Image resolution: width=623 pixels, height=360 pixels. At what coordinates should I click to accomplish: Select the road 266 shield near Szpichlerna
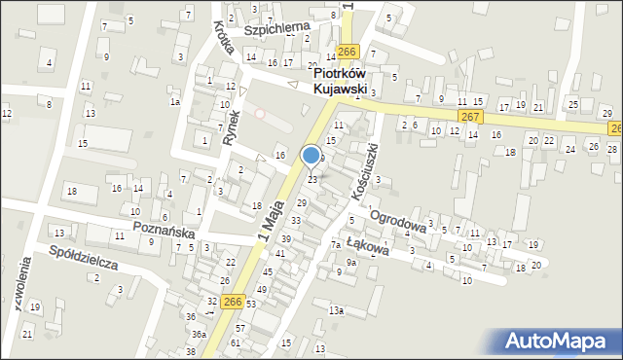(347, 52)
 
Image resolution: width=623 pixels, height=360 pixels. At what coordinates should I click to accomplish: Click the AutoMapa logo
(559, 340)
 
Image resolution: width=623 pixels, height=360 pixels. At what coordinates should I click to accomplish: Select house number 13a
(336, 310)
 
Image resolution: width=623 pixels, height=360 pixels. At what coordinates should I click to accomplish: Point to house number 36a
(199, 334)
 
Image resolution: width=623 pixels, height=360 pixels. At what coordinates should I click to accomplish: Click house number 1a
(175, 101)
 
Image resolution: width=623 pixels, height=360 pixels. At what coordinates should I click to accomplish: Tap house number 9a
(350, 262)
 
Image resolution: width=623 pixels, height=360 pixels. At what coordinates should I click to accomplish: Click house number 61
(235, 343)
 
